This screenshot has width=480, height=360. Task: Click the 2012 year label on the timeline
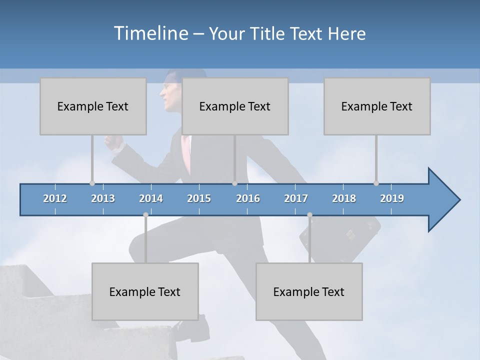click(55, 198)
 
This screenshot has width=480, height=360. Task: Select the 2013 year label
click(103, 198)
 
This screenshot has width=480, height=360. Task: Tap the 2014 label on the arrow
click(151, 198)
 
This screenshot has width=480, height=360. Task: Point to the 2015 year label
click(199, 198)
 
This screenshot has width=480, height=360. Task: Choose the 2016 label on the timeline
click(248, 198)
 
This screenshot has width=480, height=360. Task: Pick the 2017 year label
click(296, 198)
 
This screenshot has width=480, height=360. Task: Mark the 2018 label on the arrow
click(344, 198)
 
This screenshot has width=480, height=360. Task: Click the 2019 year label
click(392, 198)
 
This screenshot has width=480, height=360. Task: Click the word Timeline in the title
click(150, 33)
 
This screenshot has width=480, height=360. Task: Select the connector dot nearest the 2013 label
click(92, 183)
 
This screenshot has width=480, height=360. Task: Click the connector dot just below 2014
click(145, 215)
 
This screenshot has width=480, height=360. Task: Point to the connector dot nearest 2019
click(376, 183)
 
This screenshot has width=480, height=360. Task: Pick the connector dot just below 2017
click(309, 215)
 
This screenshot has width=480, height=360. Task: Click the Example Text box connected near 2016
click(235, 106)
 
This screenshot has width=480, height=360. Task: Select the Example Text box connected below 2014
click(145, 291)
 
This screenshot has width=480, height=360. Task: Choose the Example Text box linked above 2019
click(377, 106)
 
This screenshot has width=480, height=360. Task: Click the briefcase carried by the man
click(345, 235)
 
